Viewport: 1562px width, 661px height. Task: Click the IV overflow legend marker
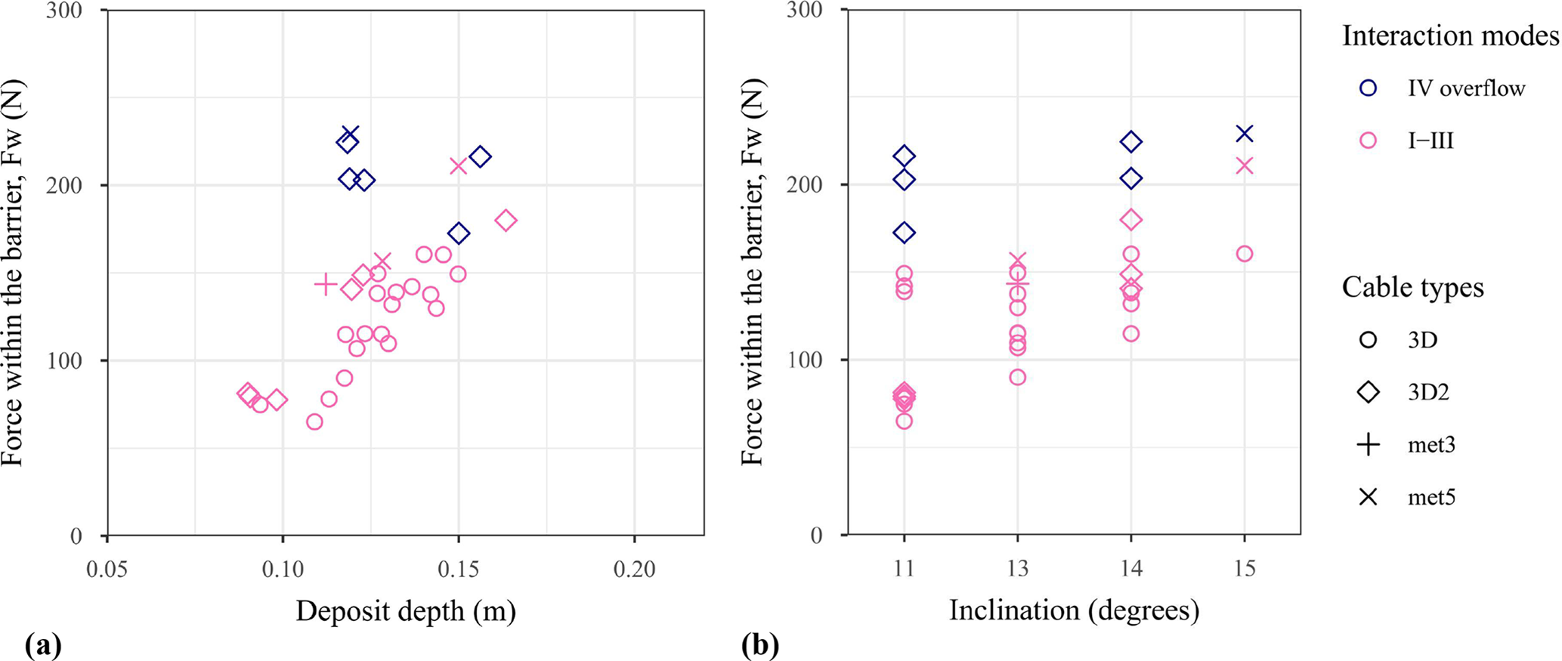pyautogui.click(x=1368, y=88)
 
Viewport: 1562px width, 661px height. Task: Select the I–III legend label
pyautogui.click(x=1431, y=141)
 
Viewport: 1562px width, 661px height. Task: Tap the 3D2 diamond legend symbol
pyautogui.click(x=1368, y=392)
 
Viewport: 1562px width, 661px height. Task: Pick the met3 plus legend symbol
pyautogui.click(x=1368, y=445)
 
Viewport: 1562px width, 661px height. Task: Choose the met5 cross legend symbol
pyautogui.click(x=1368, y=497)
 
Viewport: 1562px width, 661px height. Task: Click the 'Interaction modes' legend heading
pyautogui.click(x=1450, y=36)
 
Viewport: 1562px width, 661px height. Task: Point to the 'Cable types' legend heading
pyautogui.click(x=1412, y=288)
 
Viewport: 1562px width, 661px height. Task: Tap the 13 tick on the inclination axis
pyautogui.click(x=1017, y=569)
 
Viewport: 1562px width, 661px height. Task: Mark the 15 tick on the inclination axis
pyautogui.click(x=1244, y=569)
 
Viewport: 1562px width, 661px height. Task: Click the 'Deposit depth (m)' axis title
pyautogui.click(x=406, y=611)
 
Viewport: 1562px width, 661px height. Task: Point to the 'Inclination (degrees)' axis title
pyautogui.click(x=1074, y=610)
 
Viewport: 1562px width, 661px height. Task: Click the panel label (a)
pyautogui.click(x=43, y=646)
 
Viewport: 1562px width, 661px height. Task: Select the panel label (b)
pyautogui.click(x=759, y=646)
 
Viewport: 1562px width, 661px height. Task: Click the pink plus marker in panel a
pyautogui.click(x=326, y=284)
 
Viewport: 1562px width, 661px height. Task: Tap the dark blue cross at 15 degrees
pyautogui.click(x=1244, y=134)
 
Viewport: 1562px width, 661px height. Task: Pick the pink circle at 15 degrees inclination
pyautogui.click(x=1244, y=254)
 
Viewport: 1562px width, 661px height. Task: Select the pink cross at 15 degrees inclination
pyautogui.click(x=1244, y=165)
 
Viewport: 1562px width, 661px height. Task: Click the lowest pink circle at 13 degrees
pyautogui.click(x=1017, y=377)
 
